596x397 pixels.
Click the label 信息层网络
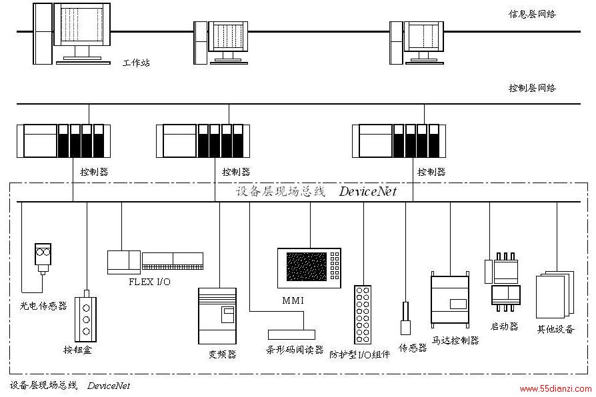tap(532, 15)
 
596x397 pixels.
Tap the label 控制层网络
tap(532, 88)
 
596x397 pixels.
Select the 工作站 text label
tap(136, 63)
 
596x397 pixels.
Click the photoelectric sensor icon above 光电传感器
tap(43, 258)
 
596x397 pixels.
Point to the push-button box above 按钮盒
tap(86, 316)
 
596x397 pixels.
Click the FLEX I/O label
tap(149, 282)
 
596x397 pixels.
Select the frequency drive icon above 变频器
tap(217, 316)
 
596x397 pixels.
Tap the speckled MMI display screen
tap(307, 266)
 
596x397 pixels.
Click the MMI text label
tap(293, 300)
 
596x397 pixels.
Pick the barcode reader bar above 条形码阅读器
tap(291, 334)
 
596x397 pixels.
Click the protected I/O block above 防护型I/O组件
tap(363, 314)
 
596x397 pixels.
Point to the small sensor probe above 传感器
tap(405, 318)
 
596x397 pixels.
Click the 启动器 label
tap(505, 326)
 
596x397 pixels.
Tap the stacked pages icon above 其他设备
tap(555, 294)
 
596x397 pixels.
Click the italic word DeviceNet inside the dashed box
tap(367, 191)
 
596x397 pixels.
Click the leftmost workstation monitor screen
tap(82, 25)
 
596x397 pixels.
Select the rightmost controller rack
tap(399, 141)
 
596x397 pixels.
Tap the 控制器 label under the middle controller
tap(236, 172)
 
